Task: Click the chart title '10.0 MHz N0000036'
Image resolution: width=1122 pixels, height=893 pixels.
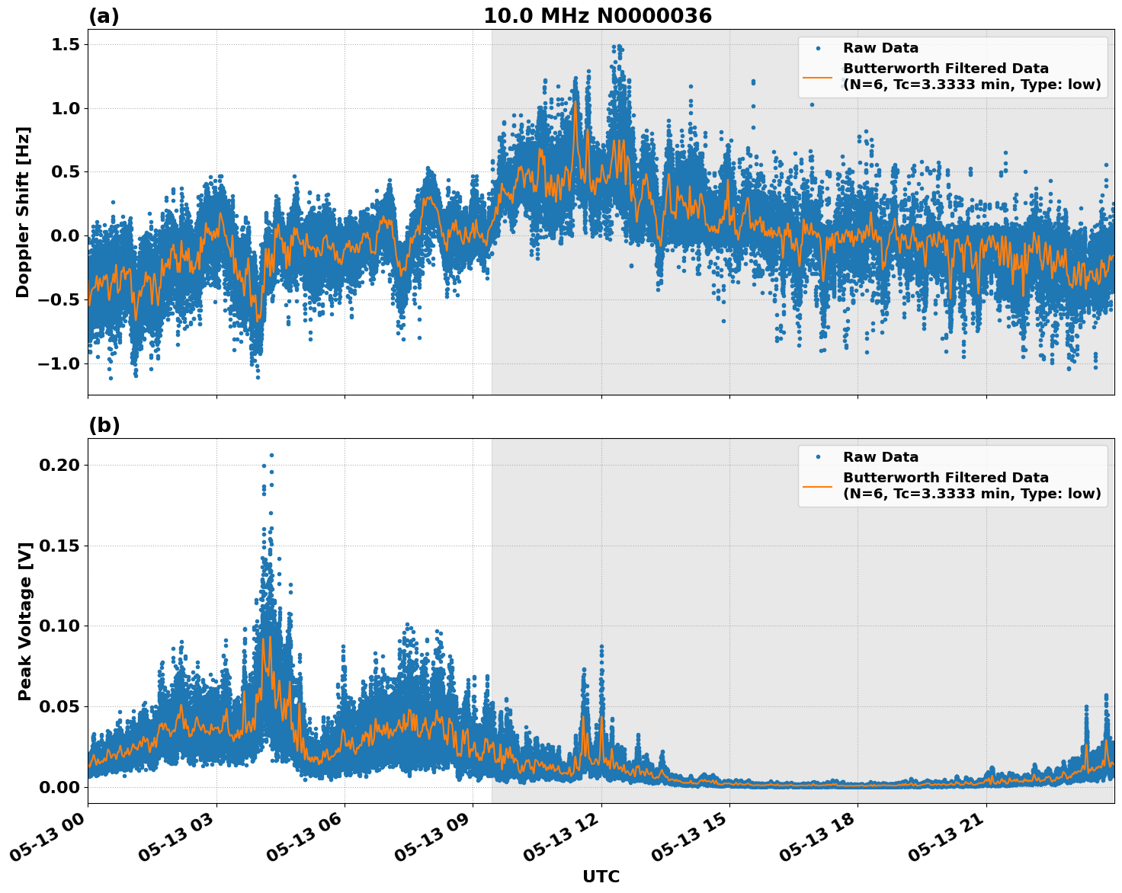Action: (x=597, y=16)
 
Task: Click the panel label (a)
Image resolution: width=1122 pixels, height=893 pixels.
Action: (x=104, y=16)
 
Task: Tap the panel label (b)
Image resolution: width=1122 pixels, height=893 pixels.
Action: (x=104, y=425)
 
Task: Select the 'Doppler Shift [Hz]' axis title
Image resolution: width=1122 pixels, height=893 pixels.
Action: (x=23, y=212)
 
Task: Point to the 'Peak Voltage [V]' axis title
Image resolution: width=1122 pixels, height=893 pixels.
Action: (x=25, y=621)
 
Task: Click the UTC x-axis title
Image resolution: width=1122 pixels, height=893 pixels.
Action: (x=601, y=876)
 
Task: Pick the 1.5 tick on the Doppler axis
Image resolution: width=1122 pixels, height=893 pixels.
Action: (x=64, y=45)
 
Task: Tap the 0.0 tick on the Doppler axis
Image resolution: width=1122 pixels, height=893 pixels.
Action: (x=64, y=236)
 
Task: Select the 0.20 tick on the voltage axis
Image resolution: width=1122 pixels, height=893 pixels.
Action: (x=61, y=465)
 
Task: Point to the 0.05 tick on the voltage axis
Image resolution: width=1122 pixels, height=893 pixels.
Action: (x=61, y=706)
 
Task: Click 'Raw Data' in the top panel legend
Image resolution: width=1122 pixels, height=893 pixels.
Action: (x=880, y=48)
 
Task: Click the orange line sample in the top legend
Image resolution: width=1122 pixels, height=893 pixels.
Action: (x=817, y=76)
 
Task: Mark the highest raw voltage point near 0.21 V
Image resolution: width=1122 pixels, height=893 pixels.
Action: (x=271, y=455)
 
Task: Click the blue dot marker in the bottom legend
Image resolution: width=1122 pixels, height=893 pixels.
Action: (x=817, y=457)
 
